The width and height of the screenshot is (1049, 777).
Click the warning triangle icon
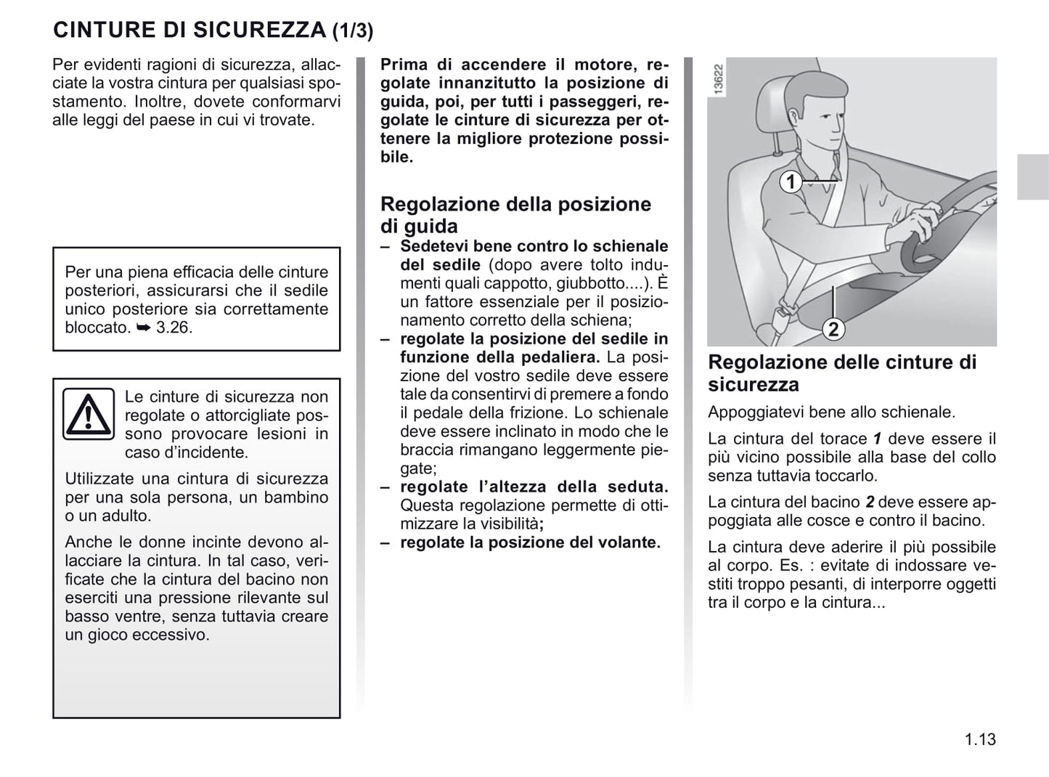click(88, 414)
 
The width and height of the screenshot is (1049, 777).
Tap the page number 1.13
click(980, 740)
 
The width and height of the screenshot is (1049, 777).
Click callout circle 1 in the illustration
click(791, 182)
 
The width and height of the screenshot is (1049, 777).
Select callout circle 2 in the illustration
click(833, 330)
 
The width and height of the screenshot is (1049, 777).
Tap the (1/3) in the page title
click(353, 31)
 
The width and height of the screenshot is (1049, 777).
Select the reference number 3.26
click(174, 328)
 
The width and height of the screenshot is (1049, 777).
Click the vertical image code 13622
click(718, 78)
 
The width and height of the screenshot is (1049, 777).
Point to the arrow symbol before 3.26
click(143, 328)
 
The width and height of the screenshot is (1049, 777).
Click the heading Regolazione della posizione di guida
click(515, 215)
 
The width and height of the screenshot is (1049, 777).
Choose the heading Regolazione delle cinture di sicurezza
click(842, 373)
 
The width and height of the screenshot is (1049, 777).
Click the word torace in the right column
click(843, 439)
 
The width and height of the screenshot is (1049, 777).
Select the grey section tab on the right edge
click(1032, 177)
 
